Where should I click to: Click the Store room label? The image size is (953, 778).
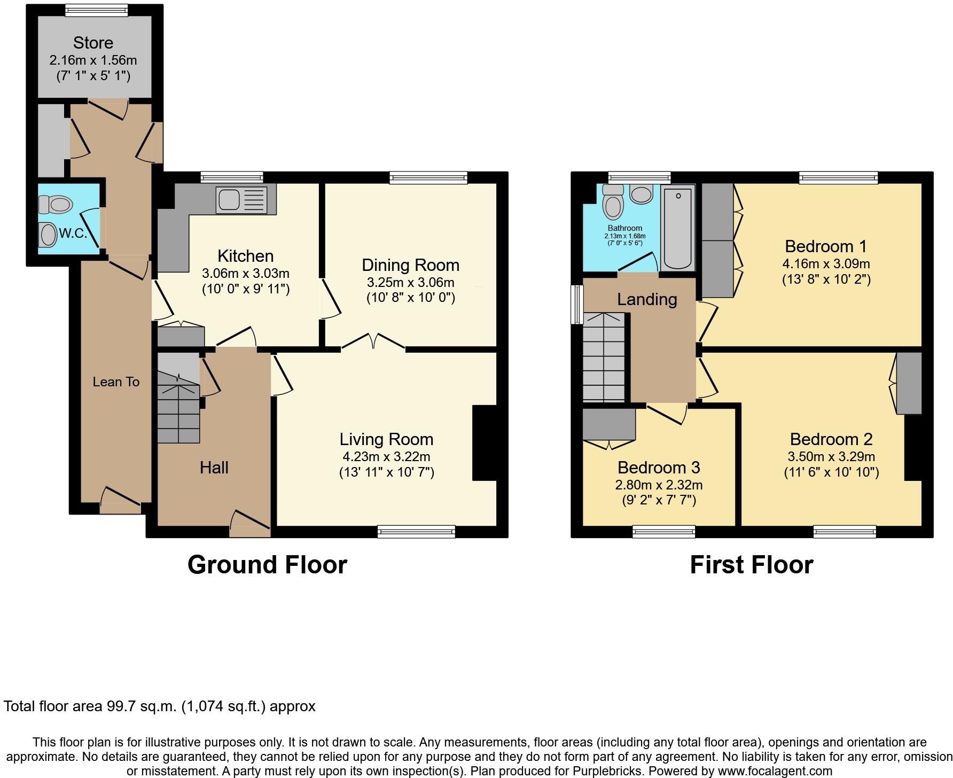(x=93, y=43)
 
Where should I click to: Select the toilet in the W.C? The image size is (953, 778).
(x=56, y=204)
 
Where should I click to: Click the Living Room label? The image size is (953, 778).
(x=386, y=439)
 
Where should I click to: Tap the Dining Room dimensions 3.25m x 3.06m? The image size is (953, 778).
(x=410, y=282)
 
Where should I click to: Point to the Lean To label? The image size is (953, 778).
(x=116, y=382)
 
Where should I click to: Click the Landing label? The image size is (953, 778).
(x=647, y=299)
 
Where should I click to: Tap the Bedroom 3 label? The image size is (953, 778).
(x=659, y=468)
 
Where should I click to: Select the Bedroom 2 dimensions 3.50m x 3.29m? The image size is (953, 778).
(x=831, y=456)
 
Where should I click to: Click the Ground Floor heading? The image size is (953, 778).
(x=267, y=565)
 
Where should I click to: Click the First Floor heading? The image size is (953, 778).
(x=751, y=565)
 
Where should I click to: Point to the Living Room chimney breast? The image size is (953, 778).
(x=484, y=443)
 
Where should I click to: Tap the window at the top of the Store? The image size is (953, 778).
(x=97, y=9)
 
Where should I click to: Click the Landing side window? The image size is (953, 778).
(x=577, y=304)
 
